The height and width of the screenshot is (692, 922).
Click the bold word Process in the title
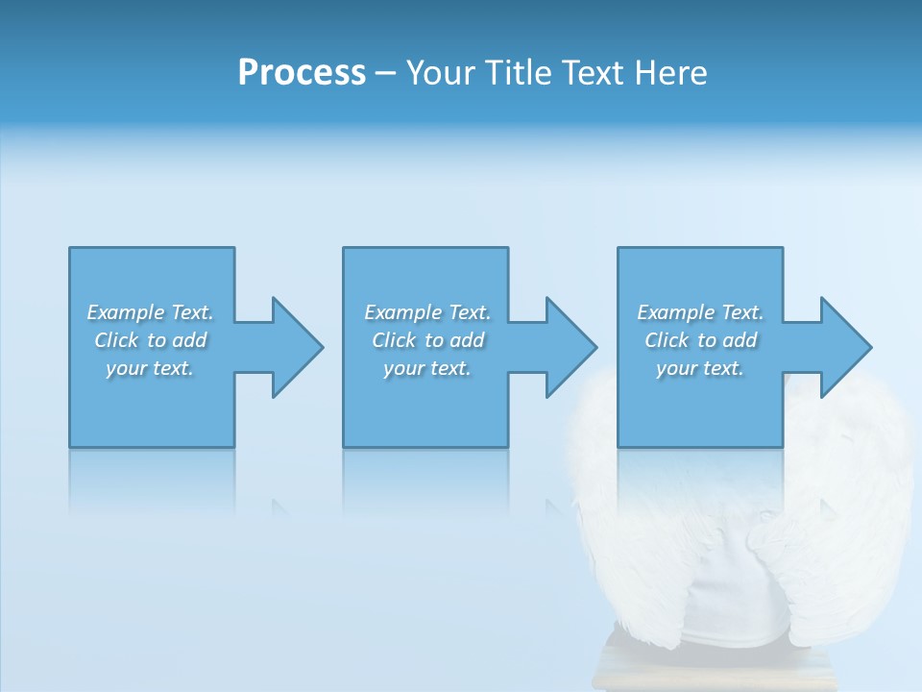(302, 72)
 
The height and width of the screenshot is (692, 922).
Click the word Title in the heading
(516, 72)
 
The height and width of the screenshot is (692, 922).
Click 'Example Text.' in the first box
(151, 312)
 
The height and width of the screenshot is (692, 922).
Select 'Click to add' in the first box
(151, 340)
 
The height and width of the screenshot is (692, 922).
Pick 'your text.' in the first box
(151, 368)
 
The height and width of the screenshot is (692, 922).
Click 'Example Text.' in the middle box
(427, 312)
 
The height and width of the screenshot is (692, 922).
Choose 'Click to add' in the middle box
(427, 340)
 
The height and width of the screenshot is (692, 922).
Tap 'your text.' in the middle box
(427, 368)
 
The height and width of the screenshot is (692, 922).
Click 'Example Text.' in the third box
(700, 312)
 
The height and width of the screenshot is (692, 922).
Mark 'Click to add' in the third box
(700, 340)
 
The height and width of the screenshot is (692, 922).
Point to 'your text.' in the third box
(700, 368)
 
